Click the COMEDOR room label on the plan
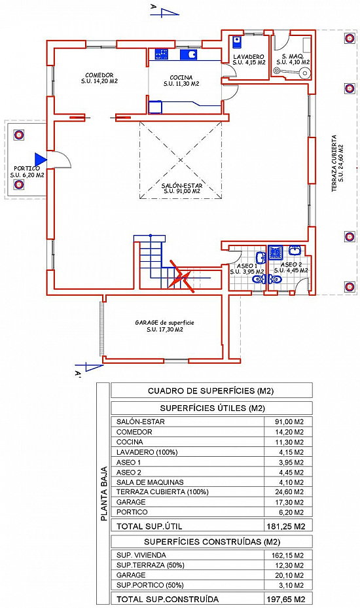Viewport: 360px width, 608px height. pyautogui.click(x=99, y=75)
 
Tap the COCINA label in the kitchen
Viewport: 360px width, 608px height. pyautogui.click(x=181, y=77)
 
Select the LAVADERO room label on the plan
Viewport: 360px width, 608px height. pyautogui.click(x=249, y=57)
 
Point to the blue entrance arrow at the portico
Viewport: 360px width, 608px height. pyautogui.click(x=41, y=159)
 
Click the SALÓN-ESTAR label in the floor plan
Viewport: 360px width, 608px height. pyautogui.click(x=182, y=186)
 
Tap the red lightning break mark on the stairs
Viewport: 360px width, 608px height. pyautogui.click(x=181, y=276)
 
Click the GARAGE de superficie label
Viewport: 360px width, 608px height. pyautogui.click(x=164, y=323)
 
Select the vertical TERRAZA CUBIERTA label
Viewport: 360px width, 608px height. pyautogui.click(x=334, y=163)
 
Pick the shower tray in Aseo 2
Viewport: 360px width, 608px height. pyautogui.click(x=276, y=252)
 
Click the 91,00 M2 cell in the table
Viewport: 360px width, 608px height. pyautogui.click(x=289, y=422)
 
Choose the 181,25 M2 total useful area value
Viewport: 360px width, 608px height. pyautogui.click(x=286, y=526)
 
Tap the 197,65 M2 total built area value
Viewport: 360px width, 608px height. pyautogui.click(x=286, y=599)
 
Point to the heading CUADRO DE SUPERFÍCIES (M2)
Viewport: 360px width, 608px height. pyautogui.click(x=211, y=391)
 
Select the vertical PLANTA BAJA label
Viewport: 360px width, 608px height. pyautogui.click(x=104, y=493)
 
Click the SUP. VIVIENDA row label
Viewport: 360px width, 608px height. pyautogui.click(x=141, y=555)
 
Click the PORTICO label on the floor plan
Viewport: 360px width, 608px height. pyautogui.click(x=27, y=169)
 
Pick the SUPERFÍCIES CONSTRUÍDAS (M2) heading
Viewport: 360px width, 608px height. pyautogui.click(x=212, y=542)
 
